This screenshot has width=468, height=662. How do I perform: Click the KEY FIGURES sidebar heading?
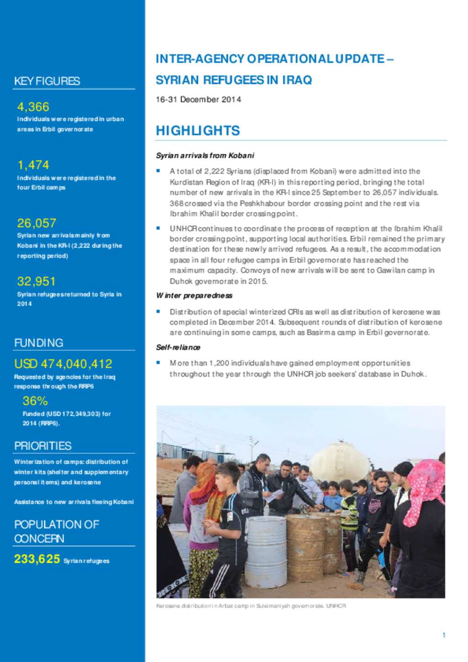point(47,81)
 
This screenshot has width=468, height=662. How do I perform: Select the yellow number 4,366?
point(33,107)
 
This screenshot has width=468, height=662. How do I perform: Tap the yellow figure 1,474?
point(33,165)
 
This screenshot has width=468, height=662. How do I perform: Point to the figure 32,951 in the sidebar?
point(36,281)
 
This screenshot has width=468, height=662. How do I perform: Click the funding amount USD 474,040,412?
point(63,364)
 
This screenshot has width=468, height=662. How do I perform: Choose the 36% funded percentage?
point(35,401)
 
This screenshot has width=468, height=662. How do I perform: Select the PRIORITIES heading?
point(43,446)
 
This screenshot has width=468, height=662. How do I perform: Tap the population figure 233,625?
point(37,559)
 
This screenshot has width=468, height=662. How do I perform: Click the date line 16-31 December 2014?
point(198,100)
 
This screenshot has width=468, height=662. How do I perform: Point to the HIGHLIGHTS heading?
point(197,131)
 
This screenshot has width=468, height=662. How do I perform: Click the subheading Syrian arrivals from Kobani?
point(205,155)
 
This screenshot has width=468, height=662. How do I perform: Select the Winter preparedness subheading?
point(194,296)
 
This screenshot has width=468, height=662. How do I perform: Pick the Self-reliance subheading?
point(178,347)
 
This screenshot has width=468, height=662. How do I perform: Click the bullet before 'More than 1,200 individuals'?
point(158,363)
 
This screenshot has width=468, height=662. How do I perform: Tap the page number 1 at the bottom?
point(443,635)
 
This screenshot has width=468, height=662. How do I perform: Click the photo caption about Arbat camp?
point(250,606)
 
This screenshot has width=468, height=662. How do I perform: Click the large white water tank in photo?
point(340,461)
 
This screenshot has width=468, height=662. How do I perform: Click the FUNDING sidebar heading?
point(39,343)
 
